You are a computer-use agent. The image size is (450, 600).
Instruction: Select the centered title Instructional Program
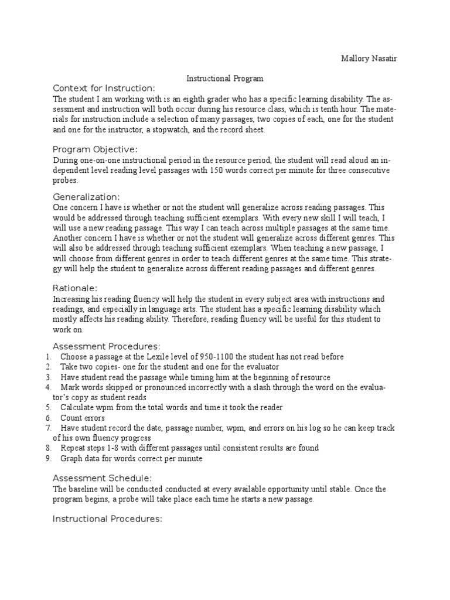pyautogui.click(x=225, y=78)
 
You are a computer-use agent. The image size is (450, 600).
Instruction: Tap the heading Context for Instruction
pyautogui.click(x=104, y=88)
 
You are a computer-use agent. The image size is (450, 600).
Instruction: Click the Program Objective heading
pyautogui.click(x=95, y=149)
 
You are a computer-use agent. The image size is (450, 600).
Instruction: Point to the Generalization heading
pyautogui.click(x=86, y=196)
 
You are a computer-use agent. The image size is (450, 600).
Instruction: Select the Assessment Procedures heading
pyautogui.click(x=106, y=346)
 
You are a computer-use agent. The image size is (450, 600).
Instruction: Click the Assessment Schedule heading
pyautogui.click(x=103, y=478)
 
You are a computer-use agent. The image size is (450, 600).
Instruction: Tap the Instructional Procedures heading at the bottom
pyautogui.click(x=107, y=519)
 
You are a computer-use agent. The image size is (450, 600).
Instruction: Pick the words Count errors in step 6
pyautogui.click(x=83, y=418)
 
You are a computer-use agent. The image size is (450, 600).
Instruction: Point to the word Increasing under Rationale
pyautogui.click(x=73, y=299)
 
